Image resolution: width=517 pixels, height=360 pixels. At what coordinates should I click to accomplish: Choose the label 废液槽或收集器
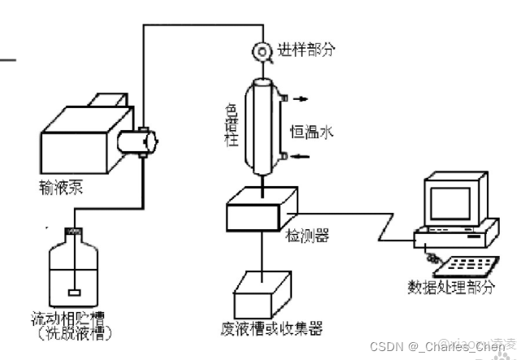point(272,329)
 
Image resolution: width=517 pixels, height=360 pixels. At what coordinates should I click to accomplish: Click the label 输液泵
point(68,189)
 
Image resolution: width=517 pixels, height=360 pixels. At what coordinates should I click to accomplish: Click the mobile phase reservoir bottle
point(75,268)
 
